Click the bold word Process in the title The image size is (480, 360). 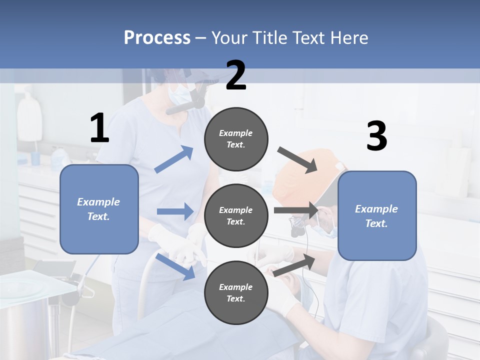tap(157, 38)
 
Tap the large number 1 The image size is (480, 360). tap(99, 128)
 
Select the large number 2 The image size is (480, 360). tap(236, 76)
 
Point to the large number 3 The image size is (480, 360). tap(376, 136)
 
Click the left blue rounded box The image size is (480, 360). tap(99, 209)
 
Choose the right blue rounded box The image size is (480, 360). tap(377, 216)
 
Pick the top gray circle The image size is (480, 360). tap(236, 139)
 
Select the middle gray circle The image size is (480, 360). tap(236, 216)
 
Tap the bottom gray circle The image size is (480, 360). tap(236, 293)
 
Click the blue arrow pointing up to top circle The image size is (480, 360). tap(174, 159)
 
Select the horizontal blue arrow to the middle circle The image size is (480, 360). tap(175, 211)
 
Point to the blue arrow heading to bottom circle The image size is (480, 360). tap(175, 266)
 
